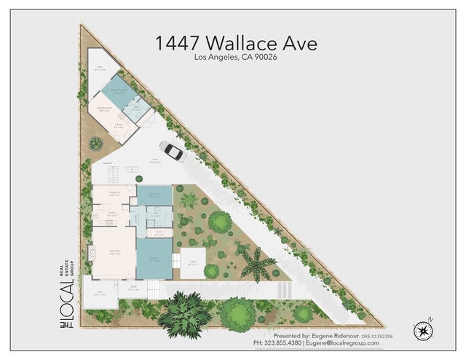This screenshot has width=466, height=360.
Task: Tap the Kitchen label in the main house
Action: pos(112,214)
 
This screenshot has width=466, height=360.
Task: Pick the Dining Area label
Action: pos(114,194)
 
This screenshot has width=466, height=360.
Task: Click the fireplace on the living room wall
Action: pos(92,254)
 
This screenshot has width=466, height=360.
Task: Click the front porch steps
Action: pos(153,290)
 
